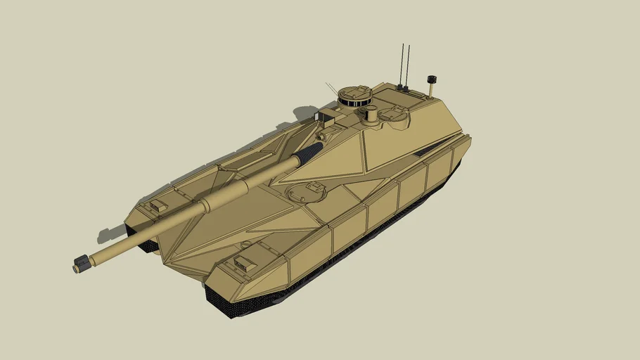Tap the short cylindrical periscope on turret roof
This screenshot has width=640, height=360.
point(372,112)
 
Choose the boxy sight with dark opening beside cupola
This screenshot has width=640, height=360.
point(328,117)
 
